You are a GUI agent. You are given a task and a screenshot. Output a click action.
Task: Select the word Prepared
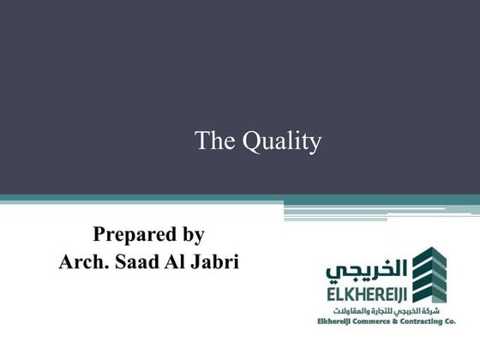129,233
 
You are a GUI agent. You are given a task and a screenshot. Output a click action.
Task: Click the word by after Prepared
192,234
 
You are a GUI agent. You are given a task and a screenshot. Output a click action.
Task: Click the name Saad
139,261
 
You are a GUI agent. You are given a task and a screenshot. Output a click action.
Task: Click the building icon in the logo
429,273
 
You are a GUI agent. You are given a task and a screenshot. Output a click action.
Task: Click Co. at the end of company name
449,321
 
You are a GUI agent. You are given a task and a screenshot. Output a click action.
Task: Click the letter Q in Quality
249,141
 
